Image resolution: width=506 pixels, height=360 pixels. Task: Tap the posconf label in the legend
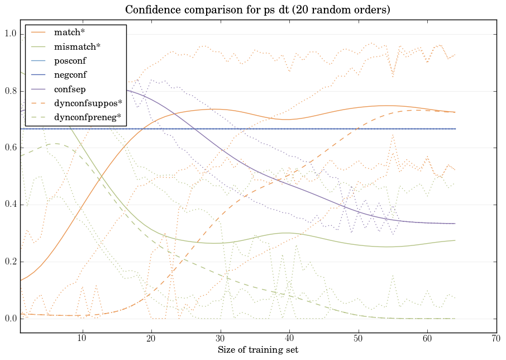tap(70, 60)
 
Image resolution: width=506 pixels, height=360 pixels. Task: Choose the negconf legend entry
tap(70, 74)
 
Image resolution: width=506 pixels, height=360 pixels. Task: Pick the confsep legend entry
tap(70, 89)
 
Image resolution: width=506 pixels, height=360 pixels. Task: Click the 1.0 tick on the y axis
tap(11, 35)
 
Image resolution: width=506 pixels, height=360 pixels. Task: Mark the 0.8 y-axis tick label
tap(11, 92)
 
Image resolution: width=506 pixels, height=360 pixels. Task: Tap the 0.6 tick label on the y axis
tap(11, 148)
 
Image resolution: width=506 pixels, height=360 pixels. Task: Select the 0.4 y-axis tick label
tap(11, 205)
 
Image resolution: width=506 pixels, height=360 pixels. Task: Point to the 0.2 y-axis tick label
tap(11, 262)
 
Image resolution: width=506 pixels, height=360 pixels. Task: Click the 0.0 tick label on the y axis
tap(11, 319)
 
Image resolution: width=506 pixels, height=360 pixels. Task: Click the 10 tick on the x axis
tap(82, 338)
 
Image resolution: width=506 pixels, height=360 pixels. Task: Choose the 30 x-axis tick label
tap(220, 338)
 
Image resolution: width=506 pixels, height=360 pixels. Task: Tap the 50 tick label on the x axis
tap(358, 338)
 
